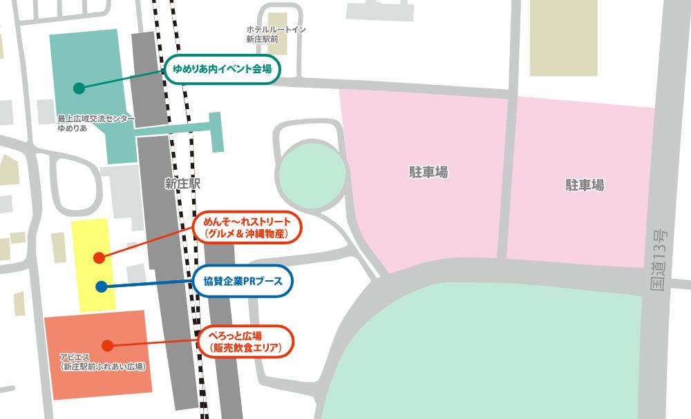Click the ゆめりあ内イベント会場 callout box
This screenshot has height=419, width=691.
222,69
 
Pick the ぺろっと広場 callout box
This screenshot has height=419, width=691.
245,341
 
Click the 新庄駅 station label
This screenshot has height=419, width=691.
182,184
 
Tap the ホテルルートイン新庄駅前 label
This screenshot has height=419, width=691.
276,35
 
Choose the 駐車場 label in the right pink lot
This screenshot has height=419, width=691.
585,185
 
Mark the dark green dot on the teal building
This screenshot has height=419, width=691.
79,88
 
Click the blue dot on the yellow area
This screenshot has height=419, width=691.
101,286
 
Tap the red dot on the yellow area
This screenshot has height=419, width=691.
99,257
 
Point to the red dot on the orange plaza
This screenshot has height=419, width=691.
106,345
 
